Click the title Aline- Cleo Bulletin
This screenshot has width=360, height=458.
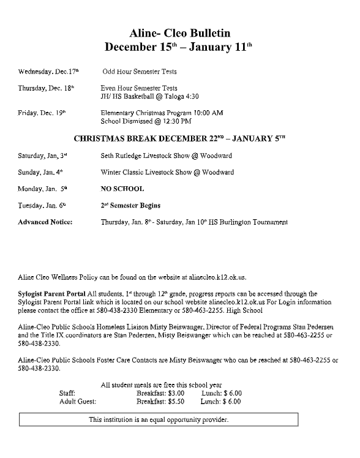click(179, 32)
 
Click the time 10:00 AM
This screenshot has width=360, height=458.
click(205, 113)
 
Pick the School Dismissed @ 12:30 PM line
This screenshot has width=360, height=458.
click(144, 121)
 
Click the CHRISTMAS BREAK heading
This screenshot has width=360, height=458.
click(179, 138)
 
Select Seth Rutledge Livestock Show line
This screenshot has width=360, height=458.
click(166, 156)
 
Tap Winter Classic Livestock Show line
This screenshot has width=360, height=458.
click(167, 172)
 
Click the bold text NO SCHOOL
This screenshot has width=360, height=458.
click(122, 189)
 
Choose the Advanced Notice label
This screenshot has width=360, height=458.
click(45, 222)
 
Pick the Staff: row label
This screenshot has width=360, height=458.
click(67, 393)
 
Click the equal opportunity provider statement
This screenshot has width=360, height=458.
click(159, 420)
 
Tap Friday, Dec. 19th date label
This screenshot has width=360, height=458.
click(42, 113)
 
